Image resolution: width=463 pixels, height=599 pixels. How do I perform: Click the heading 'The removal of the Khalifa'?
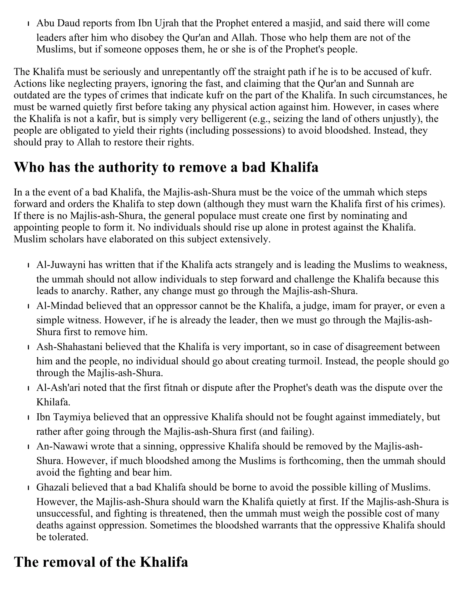pyautogui.click(x=101, y=562)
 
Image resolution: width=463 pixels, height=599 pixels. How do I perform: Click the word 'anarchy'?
pyautogui.click(x=87, y=291)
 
